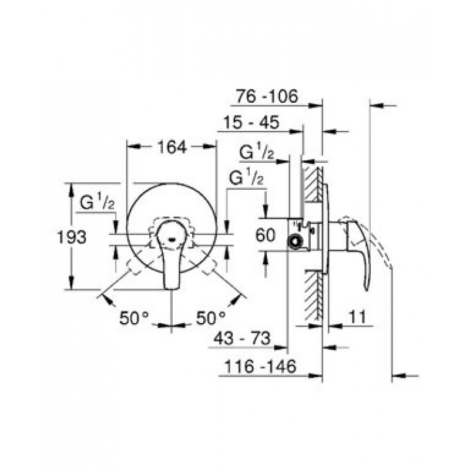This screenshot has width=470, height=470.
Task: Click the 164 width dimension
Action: (172, 147)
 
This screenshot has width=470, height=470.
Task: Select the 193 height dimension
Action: (72, 237)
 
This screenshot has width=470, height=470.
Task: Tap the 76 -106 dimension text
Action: (267, 96)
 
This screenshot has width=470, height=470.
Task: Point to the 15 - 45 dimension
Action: (251, 122)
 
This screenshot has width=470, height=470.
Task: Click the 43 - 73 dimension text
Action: (242, 338)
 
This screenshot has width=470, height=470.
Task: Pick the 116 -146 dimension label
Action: (260, 366)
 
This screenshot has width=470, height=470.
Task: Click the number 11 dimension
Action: (358, 317)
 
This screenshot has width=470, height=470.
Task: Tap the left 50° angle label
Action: (134, 318)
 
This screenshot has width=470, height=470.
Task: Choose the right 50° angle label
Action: (211, 318)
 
